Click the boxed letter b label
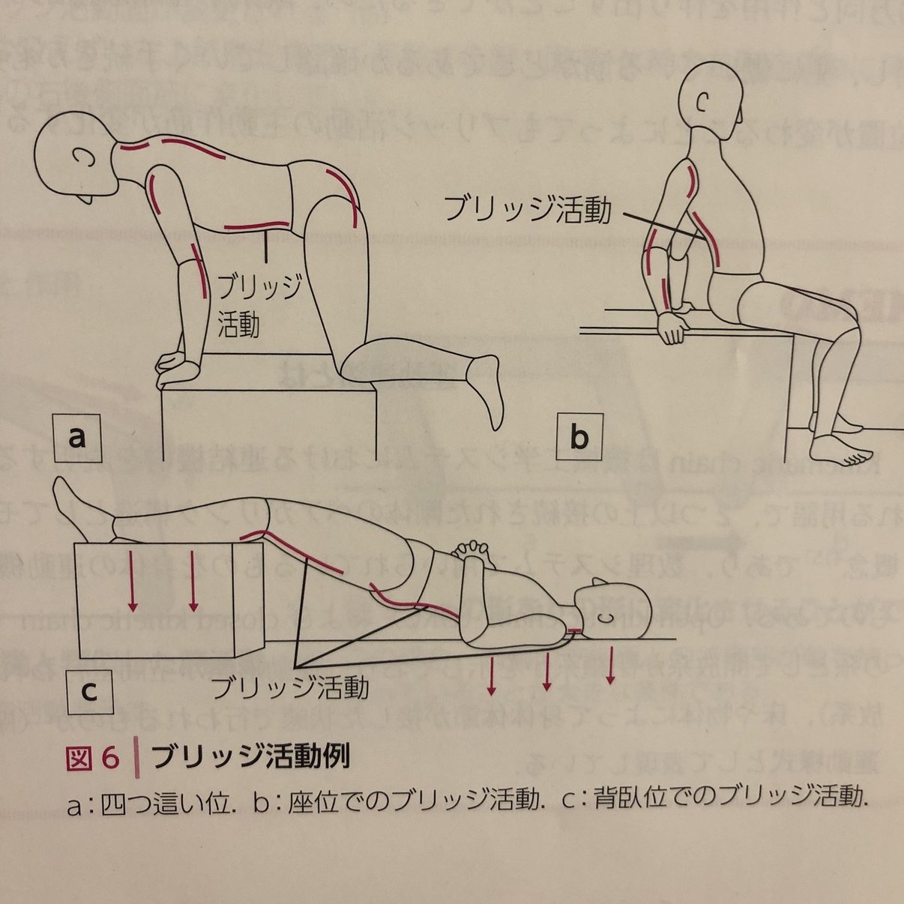point(579,437)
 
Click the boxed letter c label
point(89,690)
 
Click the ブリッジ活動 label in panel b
point(527,209)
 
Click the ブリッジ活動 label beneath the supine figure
point(290,687)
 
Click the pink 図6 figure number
point(91,758)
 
